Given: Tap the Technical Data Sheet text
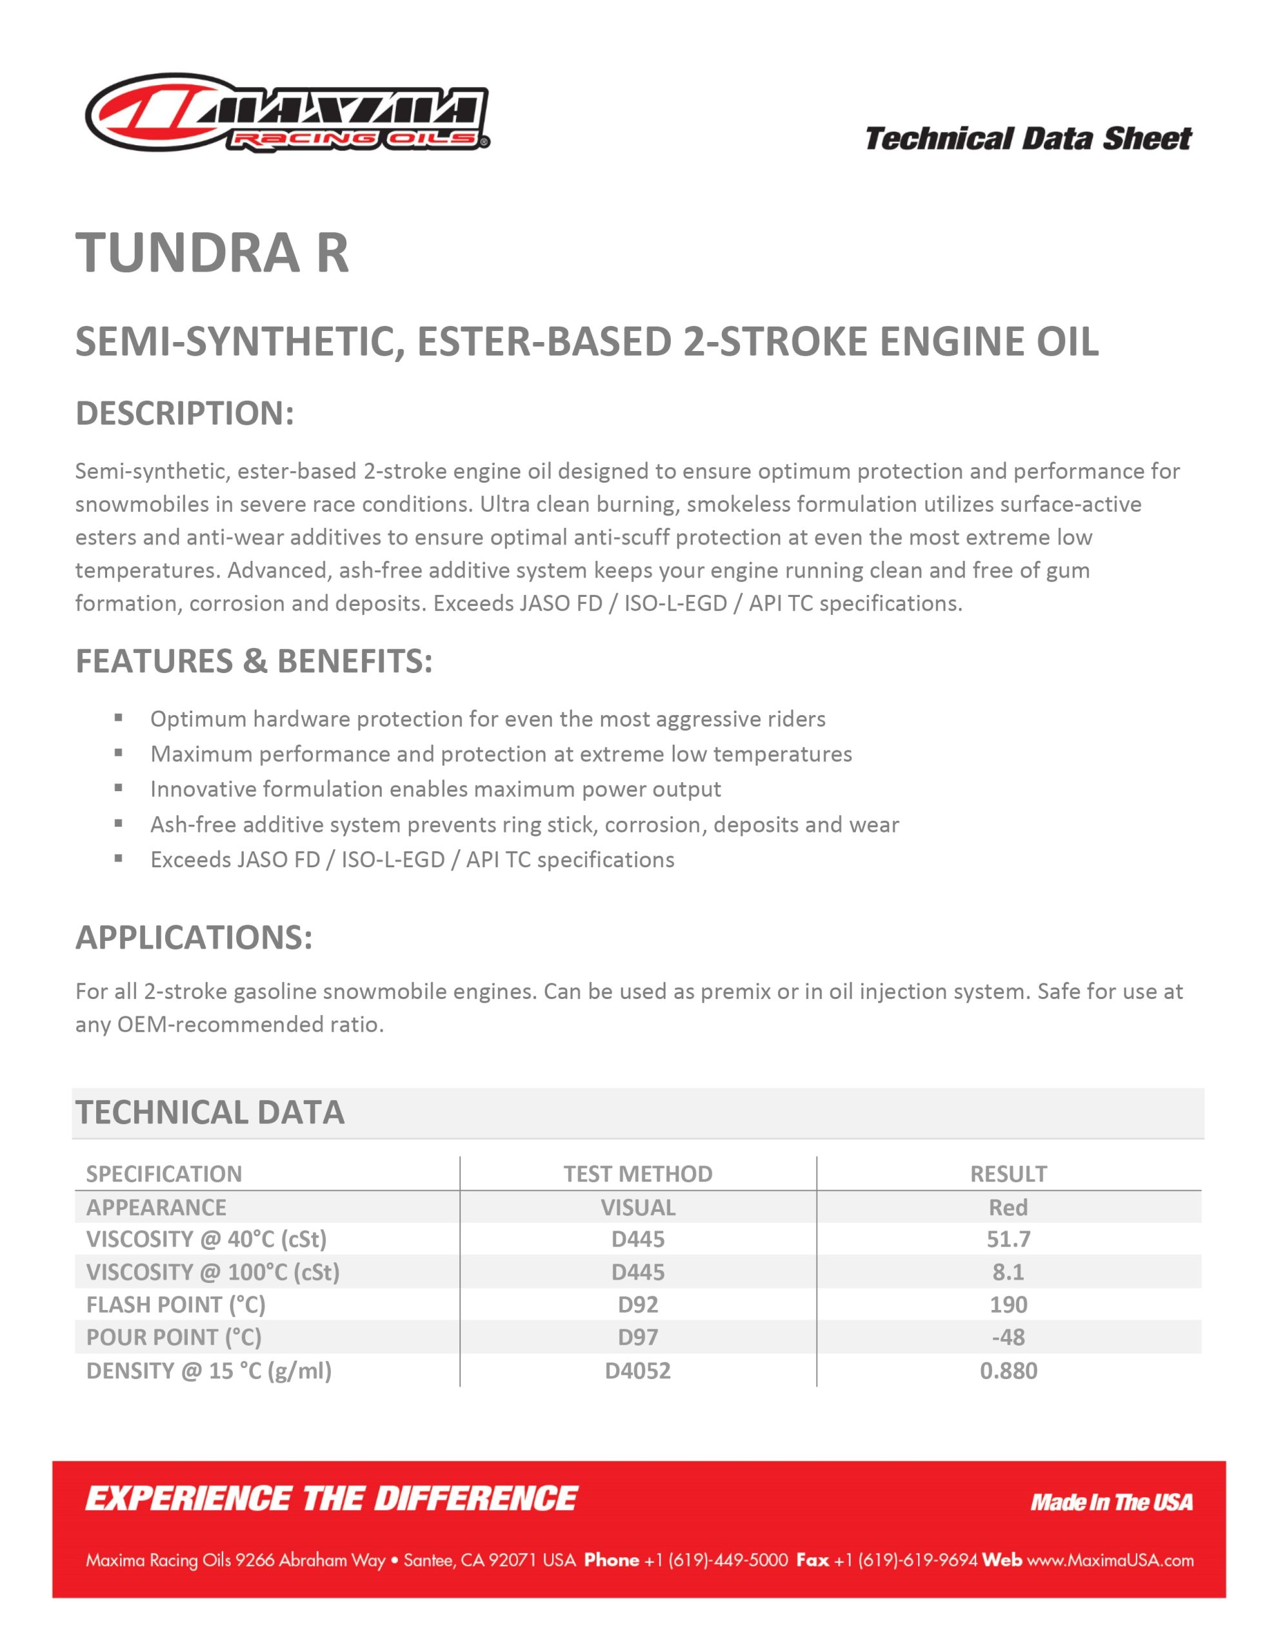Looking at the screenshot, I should point(1027,139).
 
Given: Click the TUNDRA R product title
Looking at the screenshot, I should point(212,253).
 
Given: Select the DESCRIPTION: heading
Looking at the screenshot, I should point(184,414).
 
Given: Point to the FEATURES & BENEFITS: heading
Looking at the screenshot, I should point(254,661).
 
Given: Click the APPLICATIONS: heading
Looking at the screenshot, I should point(194,938).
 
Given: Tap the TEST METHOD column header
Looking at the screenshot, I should point(637,1174).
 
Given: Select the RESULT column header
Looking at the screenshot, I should point(1008,1174).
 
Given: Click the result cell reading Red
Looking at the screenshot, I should point(1008,1207).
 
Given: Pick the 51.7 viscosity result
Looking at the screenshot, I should point(1008,1240).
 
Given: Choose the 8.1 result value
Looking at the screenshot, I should point(1008,1273).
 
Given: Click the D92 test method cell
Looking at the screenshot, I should point(637,1305).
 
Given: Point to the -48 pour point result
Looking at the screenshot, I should point(1008,1337).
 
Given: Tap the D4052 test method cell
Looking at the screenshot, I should point(637,1371).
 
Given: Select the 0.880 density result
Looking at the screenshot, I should point(1008,1371).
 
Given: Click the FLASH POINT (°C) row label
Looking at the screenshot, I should point(175,1305).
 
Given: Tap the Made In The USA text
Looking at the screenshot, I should point(1111,1502).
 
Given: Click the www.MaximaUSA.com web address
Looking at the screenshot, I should point(1110,1560).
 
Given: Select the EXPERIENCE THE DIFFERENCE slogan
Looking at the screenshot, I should point(332,1499).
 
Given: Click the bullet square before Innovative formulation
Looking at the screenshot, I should point(119,787).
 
